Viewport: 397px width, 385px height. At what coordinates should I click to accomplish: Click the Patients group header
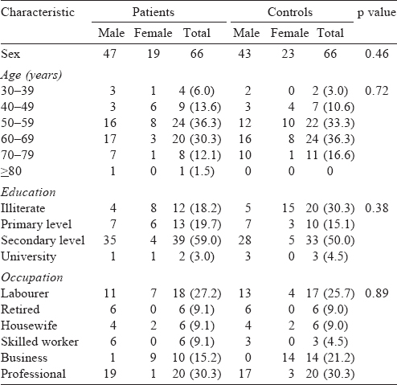pos(153,12)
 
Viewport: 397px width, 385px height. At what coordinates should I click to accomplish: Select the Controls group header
pos(290,12)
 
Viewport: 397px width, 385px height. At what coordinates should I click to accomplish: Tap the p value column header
pos(376,13)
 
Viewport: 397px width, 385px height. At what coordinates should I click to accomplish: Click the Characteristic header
pos(38,12)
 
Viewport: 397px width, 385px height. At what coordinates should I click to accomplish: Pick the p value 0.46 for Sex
pos(376,54)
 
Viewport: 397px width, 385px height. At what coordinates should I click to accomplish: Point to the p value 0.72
pos(376,91)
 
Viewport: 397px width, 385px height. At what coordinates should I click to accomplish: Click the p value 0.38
pos(376,208)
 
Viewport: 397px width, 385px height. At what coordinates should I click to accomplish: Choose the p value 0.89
pos(376,293)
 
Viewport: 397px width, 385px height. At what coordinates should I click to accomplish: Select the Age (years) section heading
pos(31,75)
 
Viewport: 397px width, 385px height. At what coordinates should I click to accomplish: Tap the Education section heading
pos(28,192)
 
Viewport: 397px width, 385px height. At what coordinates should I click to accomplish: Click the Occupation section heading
pos(32,277)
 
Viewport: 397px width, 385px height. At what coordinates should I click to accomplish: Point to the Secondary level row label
pos(43,240)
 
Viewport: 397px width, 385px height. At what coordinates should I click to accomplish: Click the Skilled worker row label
pos(39,342)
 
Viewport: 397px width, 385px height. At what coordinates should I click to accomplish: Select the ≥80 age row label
pos(11,171)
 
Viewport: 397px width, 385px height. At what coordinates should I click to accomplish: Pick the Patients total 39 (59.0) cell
pos(197,240)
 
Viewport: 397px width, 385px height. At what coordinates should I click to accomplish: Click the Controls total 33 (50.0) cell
pos(330,240)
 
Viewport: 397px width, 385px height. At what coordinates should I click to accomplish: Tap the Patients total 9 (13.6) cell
pos(200,107)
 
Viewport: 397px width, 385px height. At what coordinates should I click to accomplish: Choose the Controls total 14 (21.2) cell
pos(330,358)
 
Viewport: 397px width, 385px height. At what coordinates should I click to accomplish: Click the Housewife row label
pos(29,326)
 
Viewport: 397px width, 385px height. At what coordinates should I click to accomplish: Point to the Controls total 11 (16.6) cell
pos(330,155)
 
